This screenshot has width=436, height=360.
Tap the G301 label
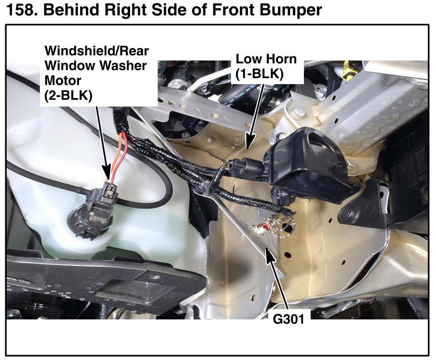[x=289, y=319]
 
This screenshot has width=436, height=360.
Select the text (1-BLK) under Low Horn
[x=260, y=74]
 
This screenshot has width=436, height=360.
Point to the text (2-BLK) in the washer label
[x=68, y=95]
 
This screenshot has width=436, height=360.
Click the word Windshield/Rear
[x=96, y=51]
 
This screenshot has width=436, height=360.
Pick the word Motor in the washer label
[x=63, y=80]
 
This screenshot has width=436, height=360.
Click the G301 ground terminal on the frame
[x=263, y=228]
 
